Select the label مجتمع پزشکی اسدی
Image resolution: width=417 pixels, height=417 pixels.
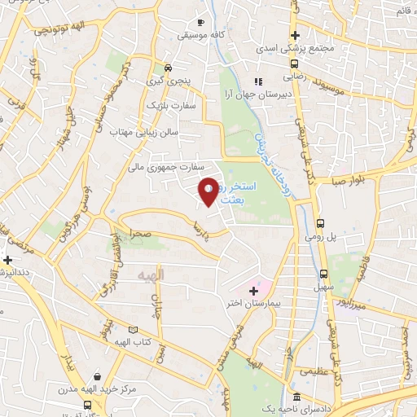tap(295, 49)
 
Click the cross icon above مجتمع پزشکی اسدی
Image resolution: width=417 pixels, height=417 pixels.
tap(295, 36)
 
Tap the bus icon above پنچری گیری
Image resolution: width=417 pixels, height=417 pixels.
tap(168, 68)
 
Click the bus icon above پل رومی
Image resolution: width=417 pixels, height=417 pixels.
tap(320, 222)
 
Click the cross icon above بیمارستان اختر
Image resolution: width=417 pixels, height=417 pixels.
tap(253, 290)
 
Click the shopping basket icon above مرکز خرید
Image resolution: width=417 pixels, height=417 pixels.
tap(99, 376)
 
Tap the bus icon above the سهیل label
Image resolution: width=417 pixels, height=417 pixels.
tap(324, 274)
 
